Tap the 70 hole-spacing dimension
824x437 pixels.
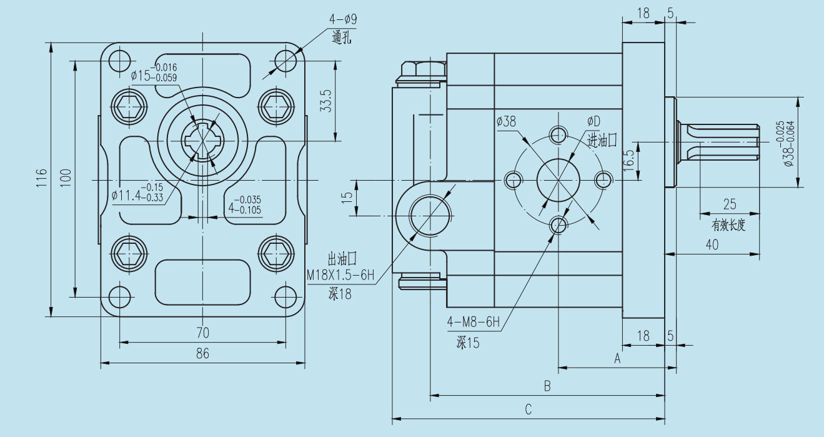[202, 332]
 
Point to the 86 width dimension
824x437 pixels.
[202, 353]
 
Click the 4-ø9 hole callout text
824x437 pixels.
[343, 19]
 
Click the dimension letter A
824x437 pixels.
[617, 359]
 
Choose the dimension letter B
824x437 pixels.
[547, 386]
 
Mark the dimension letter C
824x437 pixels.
[528, 409]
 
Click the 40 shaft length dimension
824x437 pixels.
[712, 244]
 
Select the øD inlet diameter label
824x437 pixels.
[593, 121]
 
